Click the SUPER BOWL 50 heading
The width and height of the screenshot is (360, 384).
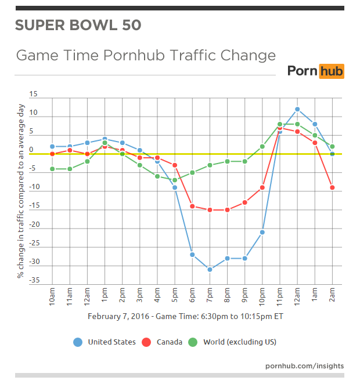[78, 26]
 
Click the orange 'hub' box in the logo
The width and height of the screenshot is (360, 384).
[331, 71]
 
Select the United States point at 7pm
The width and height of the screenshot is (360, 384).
[210, 269]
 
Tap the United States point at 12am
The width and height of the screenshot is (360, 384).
[297, 109]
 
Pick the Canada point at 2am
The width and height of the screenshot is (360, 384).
[332, 187]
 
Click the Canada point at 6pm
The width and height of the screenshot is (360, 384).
[192, 206]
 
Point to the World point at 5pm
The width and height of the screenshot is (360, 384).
[175, 180]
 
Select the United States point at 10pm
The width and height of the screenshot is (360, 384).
[262, 232]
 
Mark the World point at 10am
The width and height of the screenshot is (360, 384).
[52, 169]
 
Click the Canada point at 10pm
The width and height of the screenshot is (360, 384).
[262, 187]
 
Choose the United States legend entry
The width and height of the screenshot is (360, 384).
[105, 342]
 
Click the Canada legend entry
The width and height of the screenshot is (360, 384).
[162, 342]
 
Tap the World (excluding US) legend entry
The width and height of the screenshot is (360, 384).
[233, 342]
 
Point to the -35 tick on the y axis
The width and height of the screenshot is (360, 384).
[34, 281]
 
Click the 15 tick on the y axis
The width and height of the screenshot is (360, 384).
[33, 94]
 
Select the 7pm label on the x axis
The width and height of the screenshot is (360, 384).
[210, 296]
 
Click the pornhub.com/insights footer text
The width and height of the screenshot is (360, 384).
[304, 366]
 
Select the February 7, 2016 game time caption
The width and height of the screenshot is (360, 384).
[185, 317]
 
